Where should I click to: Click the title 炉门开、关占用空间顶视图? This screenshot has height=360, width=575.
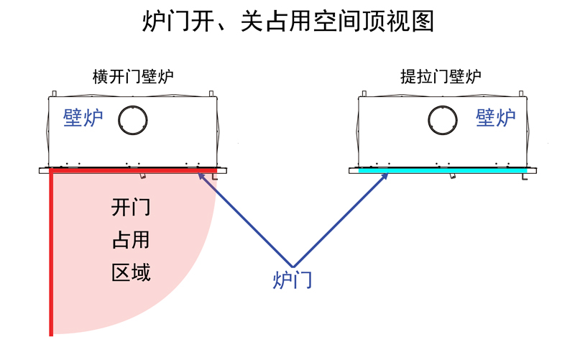(x=287, y=22)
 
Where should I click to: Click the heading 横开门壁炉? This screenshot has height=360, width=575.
(x=133, y=75)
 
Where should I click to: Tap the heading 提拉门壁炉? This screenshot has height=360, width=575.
(x=441, y=75)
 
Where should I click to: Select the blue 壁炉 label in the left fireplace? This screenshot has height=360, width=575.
(x=83, y=118)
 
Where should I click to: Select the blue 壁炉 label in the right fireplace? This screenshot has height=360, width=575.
(x=496, y=118)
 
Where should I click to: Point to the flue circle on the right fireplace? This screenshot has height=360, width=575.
(x=442, y=119)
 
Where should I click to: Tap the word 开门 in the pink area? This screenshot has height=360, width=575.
(x=131, y=208)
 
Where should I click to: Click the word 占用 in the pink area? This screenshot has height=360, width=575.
(x=131, y=241)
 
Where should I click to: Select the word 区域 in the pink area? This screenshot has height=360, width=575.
(x=131, y=273)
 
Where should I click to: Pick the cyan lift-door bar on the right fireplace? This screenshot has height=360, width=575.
(x=442, y=170)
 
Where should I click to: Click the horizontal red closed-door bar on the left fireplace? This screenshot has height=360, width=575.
(x=133, y=170)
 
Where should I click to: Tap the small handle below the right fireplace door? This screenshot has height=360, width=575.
(x=451, y=176)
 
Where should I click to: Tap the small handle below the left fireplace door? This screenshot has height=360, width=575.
(x=143, y=176)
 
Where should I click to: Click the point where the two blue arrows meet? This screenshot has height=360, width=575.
(x=293, y=264)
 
